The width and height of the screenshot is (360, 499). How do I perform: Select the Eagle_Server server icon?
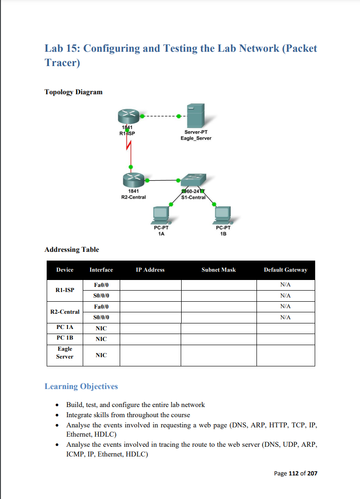195,116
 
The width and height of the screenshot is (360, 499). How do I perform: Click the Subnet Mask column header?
219,270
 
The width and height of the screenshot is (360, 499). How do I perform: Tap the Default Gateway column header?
285,270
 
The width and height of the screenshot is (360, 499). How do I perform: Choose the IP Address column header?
150,270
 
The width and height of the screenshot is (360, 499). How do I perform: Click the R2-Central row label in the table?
65,312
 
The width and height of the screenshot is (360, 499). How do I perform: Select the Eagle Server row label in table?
65,353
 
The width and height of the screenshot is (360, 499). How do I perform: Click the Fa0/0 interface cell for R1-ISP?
101,285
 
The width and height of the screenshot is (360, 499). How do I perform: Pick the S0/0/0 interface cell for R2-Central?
101,317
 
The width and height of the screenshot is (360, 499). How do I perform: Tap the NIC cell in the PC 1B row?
101,339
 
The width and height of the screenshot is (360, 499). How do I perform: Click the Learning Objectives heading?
81,386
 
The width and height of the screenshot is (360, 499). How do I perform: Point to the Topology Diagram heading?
73,92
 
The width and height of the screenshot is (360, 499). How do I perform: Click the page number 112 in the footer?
293,473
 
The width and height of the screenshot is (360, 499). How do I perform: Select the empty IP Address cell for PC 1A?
150,328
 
